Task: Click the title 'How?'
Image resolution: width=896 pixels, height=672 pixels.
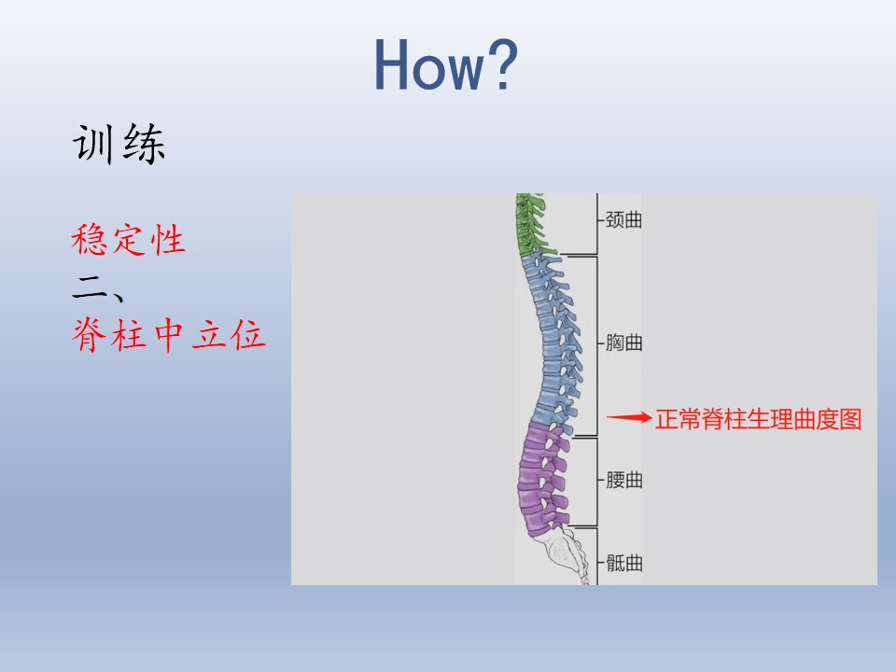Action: pos(446,64)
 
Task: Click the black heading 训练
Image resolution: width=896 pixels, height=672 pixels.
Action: pos(119,144)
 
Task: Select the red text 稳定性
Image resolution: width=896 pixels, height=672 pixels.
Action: pos(129,240)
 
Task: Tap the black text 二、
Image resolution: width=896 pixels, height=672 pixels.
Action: pos(98,287)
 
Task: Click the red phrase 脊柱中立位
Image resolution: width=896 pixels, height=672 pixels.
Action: pos(169,335)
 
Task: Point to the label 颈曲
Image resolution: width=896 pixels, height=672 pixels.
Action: pos(623,219)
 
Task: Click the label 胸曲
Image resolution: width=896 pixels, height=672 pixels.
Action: pos(623,343)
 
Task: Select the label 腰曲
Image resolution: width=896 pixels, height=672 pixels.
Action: pos(623,480)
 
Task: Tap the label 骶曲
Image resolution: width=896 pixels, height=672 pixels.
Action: pos(623,564)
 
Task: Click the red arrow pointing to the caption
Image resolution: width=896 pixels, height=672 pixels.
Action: pos(628,418)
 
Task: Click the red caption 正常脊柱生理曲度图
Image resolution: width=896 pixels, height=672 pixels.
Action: pos(758,419)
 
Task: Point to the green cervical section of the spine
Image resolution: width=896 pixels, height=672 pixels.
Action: pos(531,224)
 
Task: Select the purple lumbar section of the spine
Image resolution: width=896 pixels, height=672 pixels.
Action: pos(540,480)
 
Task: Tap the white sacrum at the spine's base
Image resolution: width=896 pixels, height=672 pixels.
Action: pos(566,553)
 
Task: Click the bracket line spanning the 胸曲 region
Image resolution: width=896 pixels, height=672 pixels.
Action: pos(597,346)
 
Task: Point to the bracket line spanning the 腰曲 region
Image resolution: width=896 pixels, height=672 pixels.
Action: pos(597,482)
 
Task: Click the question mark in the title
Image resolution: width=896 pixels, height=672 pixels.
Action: pos(502,64)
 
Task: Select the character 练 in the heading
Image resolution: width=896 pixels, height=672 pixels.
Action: pos(144,144)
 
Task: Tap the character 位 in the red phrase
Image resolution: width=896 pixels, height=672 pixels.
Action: pos(248,335)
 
